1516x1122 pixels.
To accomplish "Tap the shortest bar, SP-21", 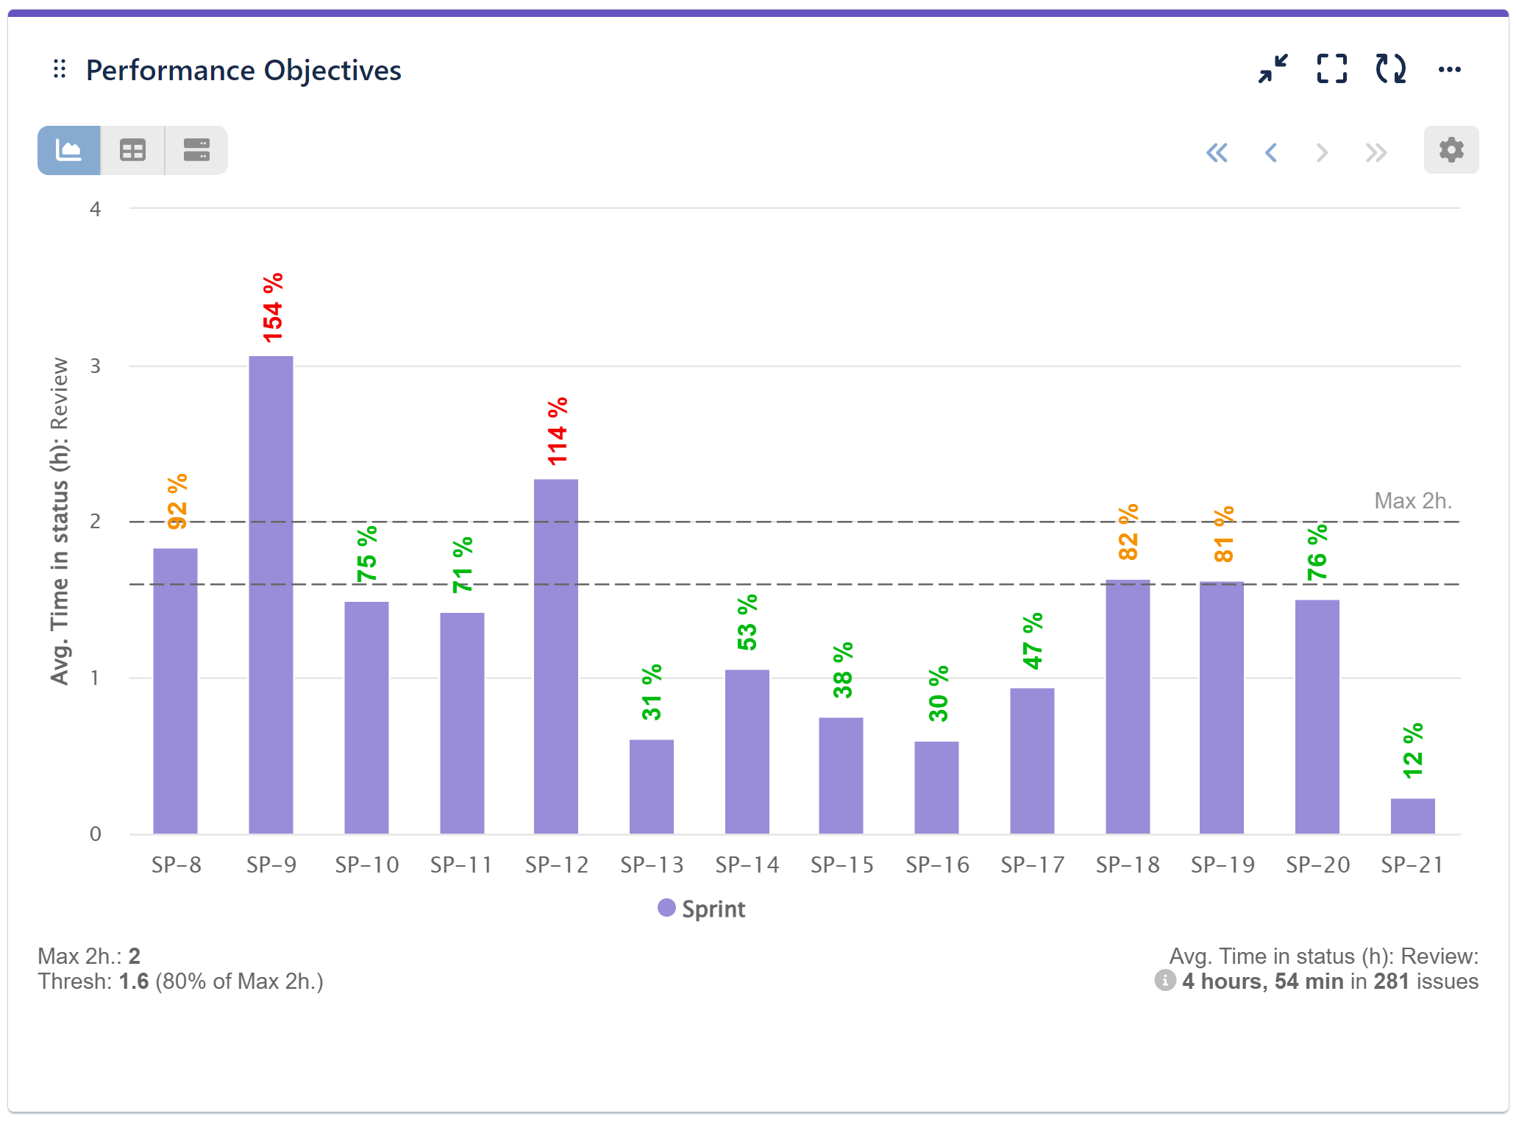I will click(x=1412, y=816).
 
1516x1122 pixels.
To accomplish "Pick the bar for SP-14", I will click(x=747, y=751).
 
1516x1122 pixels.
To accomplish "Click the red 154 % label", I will click(x=272, y=308).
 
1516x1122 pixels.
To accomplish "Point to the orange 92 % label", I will click(x=177, y=502).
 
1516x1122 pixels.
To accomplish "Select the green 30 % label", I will click(x=938, y=694).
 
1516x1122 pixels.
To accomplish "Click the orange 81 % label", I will click(x=1223, y=534).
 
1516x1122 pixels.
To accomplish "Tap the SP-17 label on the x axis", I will click(x=1032, y=864).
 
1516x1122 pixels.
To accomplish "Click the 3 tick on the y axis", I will click(x=95, y=366).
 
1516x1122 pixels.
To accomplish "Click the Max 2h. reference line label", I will click(x=1412, y=501).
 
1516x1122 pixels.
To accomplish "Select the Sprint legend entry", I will click(x=702, y=909).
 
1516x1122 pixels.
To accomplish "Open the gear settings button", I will click(x=1451, y=150).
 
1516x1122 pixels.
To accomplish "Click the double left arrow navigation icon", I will click(x=1217, y=152).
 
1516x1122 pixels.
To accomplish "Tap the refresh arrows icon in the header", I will click(x=1390, y=69).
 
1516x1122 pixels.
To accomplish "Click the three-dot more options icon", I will click(x=1449, y=69).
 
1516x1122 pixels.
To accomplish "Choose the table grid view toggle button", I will click(x=132, y=150).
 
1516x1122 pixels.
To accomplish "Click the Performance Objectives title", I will click(x=243, y=71).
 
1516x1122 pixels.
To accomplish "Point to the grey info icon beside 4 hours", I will click(x=1164, y=980).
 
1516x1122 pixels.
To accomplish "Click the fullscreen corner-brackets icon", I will click(x=1331, y=69).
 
